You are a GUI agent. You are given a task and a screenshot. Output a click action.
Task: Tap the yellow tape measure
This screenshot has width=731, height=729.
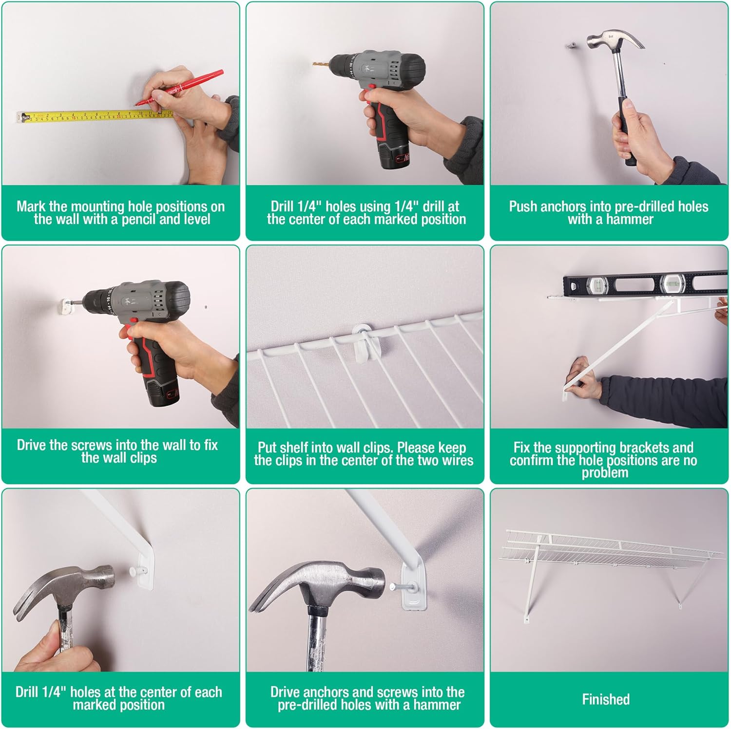pos(95,116)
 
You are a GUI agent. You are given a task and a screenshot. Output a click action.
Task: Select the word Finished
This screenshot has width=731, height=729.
pos(606,699)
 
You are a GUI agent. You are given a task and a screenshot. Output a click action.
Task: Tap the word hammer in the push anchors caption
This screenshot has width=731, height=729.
pos(629,219)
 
